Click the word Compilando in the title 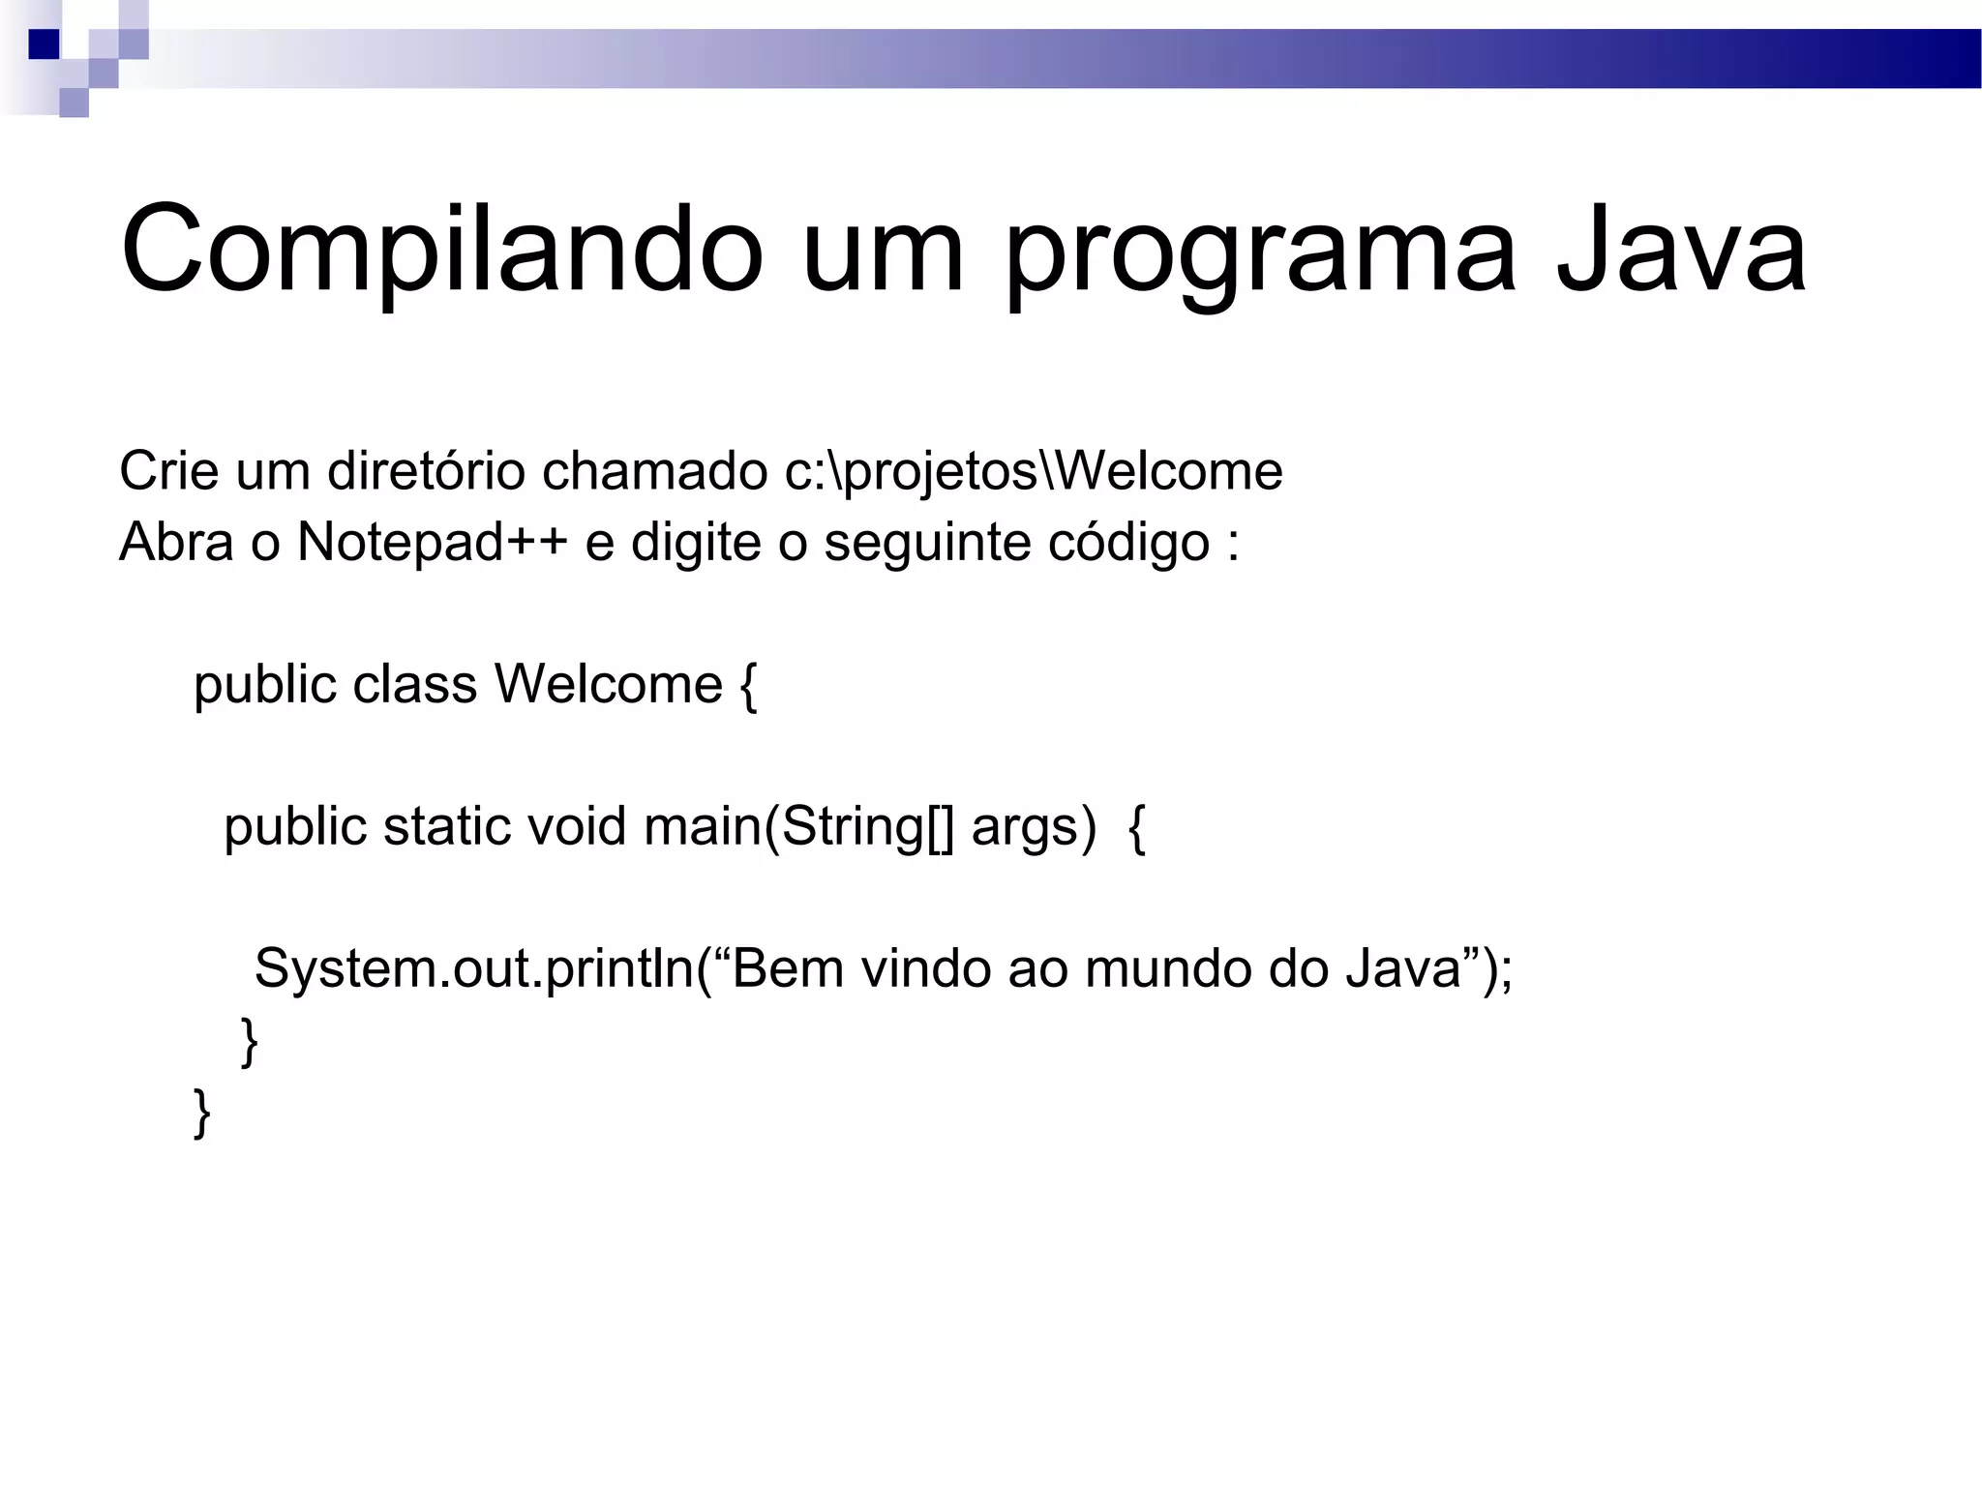click(441, 250)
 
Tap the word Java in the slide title click(1681, 250)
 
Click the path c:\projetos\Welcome click(1034, 472)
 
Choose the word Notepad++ click(432, 542)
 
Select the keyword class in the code click(414, 684)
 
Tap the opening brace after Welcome click(747, 686)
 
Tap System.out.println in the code click(474, 968)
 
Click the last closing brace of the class click(202, 1112)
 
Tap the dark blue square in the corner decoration click(44, 45)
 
